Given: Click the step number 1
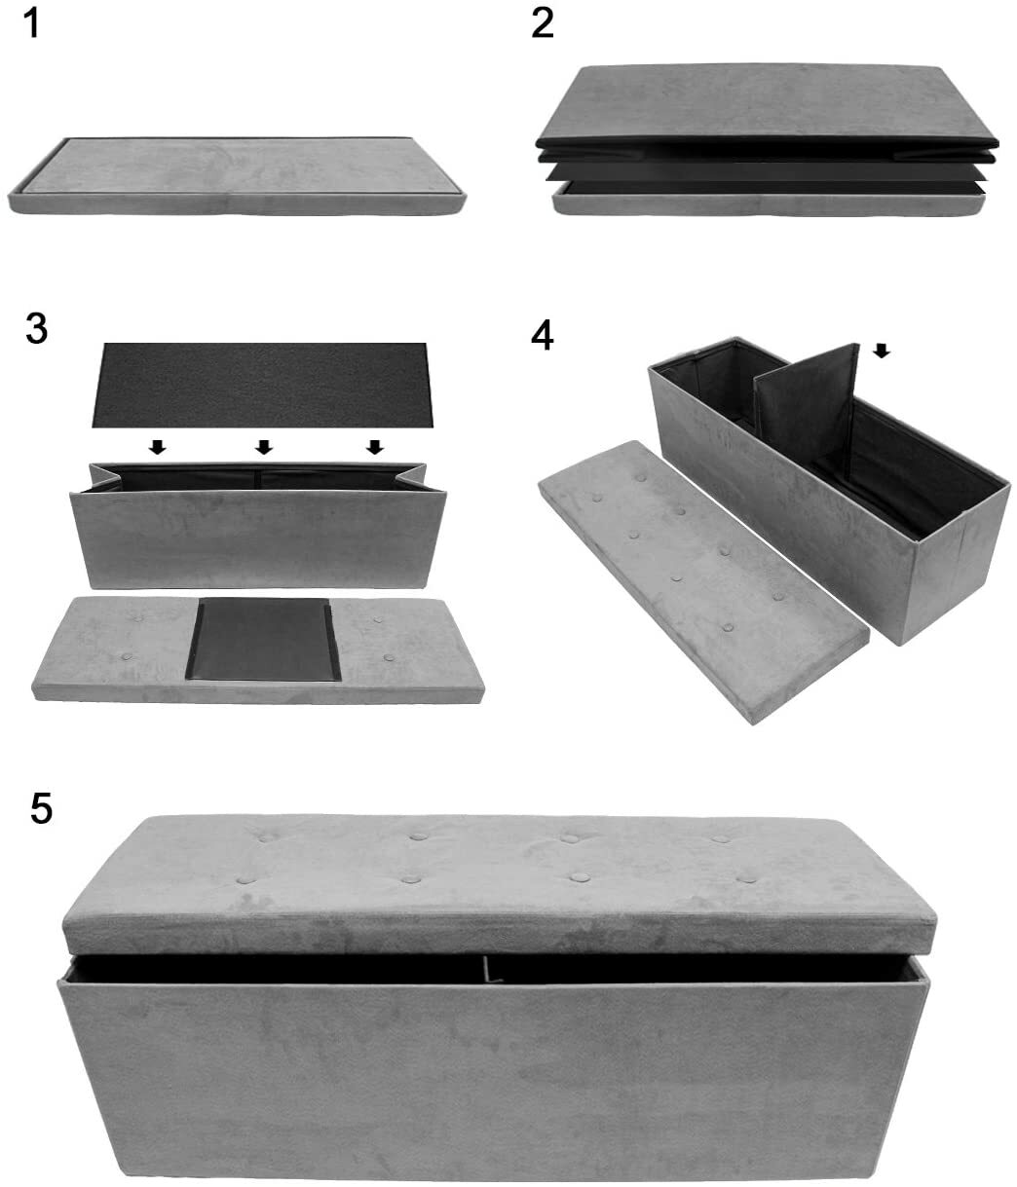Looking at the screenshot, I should coord(32,23).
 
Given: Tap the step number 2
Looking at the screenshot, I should coord(543,23).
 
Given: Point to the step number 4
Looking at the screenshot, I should coord(543,336).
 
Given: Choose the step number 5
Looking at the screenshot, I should coord(41,807).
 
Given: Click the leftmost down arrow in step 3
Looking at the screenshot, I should coord(156,447).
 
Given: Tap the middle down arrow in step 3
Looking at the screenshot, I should coord(263,447).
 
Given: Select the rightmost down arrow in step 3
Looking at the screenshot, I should coord(374,447).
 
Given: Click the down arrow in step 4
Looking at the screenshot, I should coord(881,351).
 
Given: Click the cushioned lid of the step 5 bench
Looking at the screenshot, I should coord(497,876).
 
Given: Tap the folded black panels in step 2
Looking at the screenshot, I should coord(770,166).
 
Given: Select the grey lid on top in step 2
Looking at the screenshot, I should coord(770,102).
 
